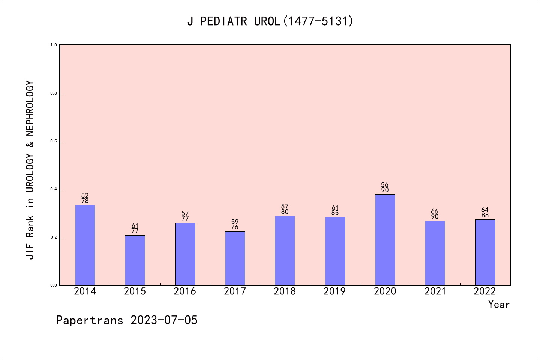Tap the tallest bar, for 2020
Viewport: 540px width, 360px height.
385,240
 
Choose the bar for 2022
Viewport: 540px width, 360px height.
485,252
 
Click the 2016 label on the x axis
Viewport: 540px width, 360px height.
185,291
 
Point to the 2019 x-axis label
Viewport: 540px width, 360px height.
335,291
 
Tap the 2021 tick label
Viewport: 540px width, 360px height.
435,291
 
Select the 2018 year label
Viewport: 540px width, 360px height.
285,291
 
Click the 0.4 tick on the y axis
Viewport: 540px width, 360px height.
54,189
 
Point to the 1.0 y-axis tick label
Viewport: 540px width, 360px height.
54,45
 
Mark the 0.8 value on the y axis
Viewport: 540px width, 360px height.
54,93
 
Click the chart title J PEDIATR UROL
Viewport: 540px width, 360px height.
270,21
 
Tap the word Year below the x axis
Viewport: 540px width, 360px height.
499,304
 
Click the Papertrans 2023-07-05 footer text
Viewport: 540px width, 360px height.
127,320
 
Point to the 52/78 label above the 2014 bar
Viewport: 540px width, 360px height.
85,198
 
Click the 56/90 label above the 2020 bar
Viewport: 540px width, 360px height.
385,187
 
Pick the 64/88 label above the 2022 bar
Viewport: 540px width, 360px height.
485,213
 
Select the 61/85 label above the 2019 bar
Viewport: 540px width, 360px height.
335,210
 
